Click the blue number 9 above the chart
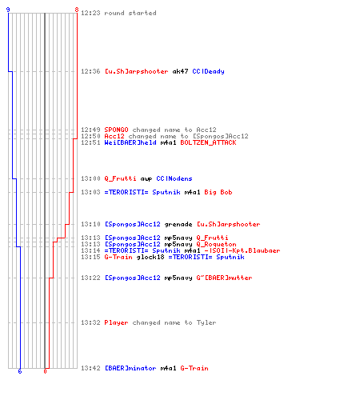coord(8,10)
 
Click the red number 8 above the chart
coord(77,10)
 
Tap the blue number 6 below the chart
coord(20,371)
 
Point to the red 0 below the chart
coord(45,371)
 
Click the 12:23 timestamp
coord(90,13)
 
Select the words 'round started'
coord(130,13)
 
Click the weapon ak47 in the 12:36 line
coord(180,71)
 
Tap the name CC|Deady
coord(208,71)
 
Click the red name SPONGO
coord(116,130)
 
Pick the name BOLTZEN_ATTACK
coord(208,142)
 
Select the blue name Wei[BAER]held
coord(130,142)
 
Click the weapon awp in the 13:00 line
coord(146,178)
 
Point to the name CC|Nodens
coord(174,178)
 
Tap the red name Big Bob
coord(218,192)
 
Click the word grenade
coord(178,225)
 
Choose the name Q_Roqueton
coord(216,244)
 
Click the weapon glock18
coord(150,257)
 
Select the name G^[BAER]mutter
coord(224,278)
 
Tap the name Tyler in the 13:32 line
coord(206,322)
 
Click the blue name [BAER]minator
coord(130,368)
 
